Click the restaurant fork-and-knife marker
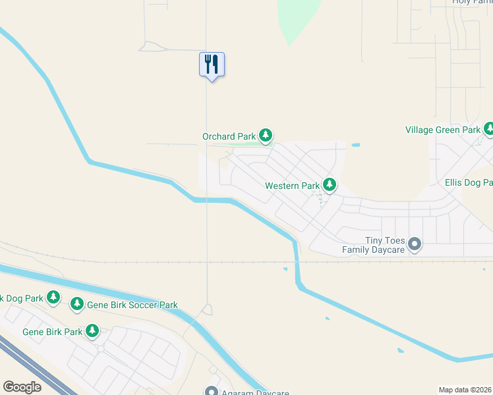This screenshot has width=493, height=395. [212, 65]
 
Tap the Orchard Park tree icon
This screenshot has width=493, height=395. [266, 136]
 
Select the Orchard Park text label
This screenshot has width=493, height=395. [229, 137]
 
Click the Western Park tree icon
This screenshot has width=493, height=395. [330, 186]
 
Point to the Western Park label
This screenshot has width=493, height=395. [292, 186]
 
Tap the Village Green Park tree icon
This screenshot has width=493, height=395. [488, 129]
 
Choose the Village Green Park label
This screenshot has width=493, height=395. [443, 130]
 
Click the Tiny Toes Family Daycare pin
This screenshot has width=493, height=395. [415, 244]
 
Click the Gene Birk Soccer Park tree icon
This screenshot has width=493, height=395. [77, 304]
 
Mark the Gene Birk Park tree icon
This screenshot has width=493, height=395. [93, 330]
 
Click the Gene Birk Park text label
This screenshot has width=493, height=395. [53, 332]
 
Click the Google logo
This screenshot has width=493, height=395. [22, 387]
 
